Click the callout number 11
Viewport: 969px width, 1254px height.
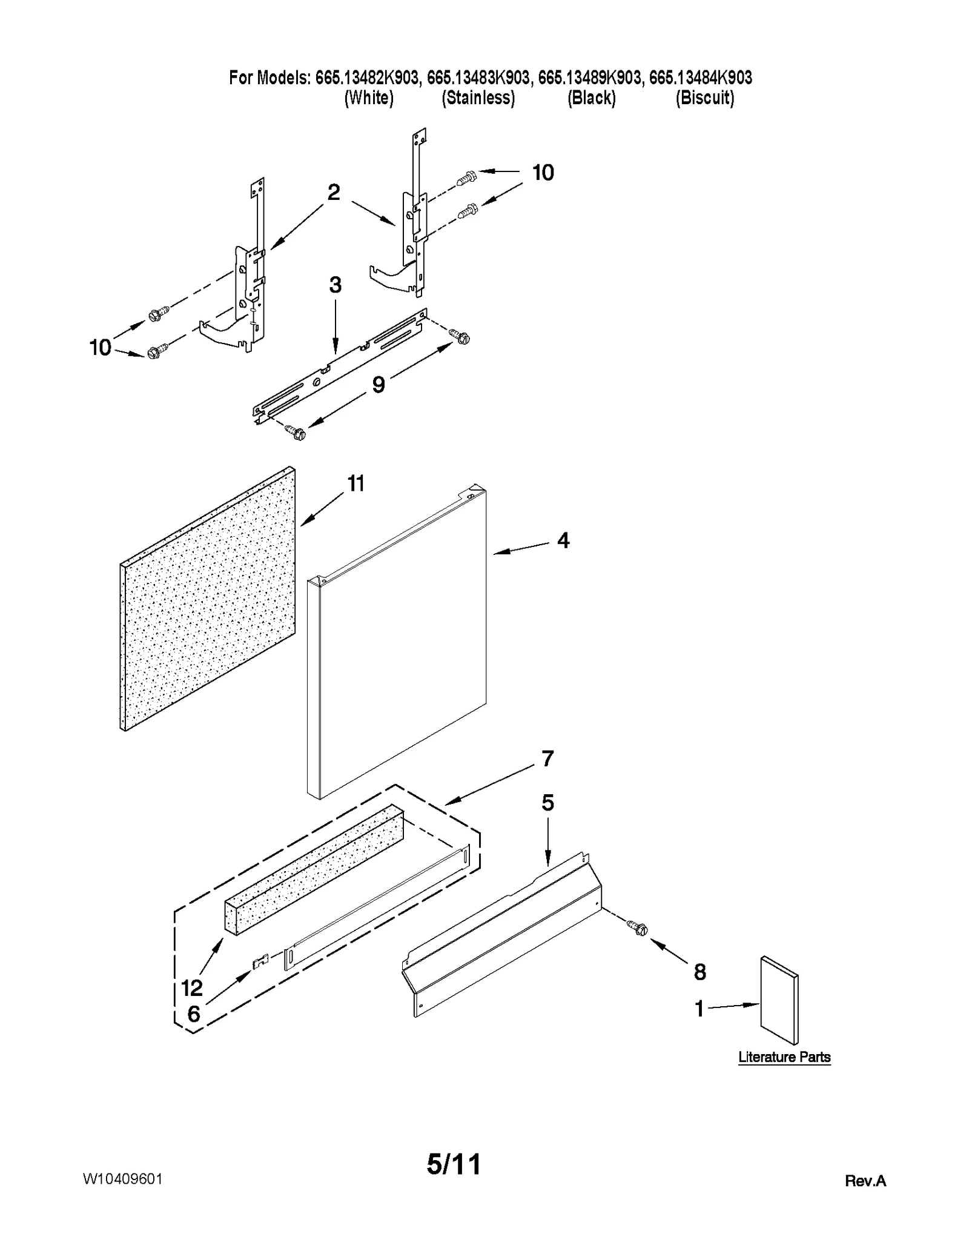point(356,484)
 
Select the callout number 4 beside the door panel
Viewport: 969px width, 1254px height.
point(563,540)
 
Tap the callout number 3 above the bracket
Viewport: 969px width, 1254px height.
point(335,285)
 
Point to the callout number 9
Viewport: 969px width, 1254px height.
point(379,384)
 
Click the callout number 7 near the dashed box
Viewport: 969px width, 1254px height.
point(547,758)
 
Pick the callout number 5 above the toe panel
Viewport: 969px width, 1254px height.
point(547,803)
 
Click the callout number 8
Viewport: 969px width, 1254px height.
point(699,972)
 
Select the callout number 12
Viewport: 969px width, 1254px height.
point(192,988)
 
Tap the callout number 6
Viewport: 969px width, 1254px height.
point(193,1014)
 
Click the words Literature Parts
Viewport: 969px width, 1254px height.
point(784,1057)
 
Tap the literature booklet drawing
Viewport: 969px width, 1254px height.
point(779,1000)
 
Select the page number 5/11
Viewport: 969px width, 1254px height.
point(454,1164)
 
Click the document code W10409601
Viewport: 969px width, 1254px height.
point(122,1179)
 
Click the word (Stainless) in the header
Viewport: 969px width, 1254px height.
point(478,98)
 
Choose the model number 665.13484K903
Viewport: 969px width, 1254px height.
point(700,78)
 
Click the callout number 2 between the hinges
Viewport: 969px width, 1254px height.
point(334,193)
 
